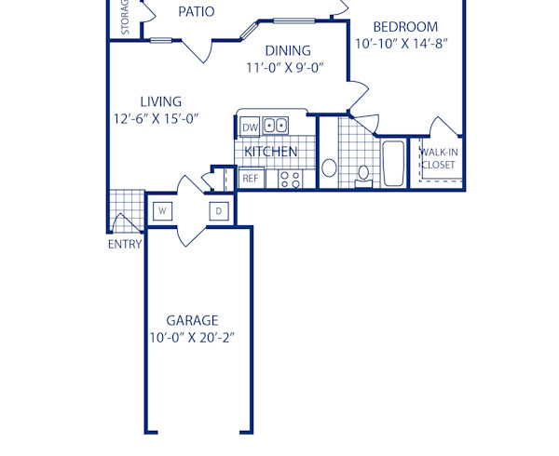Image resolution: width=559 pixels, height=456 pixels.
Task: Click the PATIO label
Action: (x=197, y=12)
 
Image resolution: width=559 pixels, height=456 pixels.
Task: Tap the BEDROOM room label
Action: (x=405, y=27)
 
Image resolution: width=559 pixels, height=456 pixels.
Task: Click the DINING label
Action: (x=288, y=51)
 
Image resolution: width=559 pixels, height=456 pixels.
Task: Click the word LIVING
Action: (x=161, y=101)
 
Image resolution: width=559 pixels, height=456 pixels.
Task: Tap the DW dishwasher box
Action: (x=249, y=127)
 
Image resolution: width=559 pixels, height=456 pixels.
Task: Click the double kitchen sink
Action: (x=275, y=126)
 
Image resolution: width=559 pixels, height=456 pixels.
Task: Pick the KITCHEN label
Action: (x=271, y=151)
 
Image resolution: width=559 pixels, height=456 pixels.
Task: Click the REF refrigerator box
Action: (x=250, y=178)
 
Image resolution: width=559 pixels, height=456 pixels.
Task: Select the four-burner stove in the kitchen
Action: (x=291, y=178)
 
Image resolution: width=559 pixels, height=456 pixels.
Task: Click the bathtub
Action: (x=393, y=164)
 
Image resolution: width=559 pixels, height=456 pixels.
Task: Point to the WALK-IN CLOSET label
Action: (x=438, y=158)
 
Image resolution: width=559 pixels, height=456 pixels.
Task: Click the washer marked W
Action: (x=161, y=211)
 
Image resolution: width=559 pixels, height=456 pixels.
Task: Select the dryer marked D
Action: (x=219, y=211)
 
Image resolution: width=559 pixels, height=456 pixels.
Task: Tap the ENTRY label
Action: (x=125, y=245)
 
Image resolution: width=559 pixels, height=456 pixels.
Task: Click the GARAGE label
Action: (x=192, y=319)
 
